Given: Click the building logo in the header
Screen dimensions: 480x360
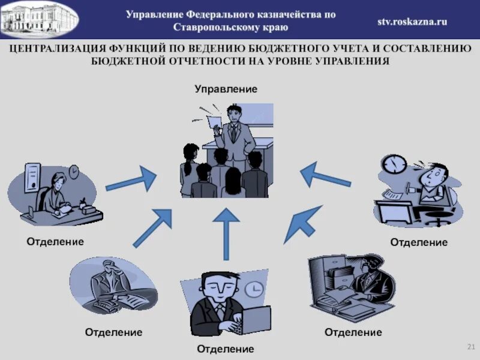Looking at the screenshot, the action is [x=39, y=18].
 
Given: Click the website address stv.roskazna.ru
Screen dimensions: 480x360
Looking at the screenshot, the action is [x=412, y=21].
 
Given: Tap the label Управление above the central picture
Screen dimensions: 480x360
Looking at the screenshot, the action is [x=226, y=89].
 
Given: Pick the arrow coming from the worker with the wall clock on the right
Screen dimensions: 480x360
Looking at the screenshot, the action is [x=325, y=175].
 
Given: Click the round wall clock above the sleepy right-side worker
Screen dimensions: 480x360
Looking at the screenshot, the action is [x=395, y=164].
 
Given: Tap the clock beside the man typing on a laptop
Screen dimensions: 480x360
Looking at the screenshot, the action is [x=255, y=290].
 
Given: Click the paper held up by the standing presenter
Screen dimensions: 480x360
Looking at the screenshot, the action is [x=215, y=122].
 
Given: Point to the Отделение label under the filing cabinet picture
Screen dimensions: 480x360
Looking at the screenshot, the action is [x=353, y=332].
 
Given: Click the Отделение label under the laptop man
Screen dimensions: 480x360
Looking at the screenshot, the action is [x=226, y=349].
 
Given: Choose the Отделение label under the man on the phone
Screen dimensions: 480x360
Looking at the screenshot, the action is [x=113, y=332].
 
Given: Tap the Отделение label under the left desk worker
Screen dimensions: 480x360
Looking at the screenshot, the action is [x=55, y=241].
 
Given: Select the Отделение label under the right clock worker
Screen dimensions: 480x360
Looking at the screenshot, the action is [x=419, y=242].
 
